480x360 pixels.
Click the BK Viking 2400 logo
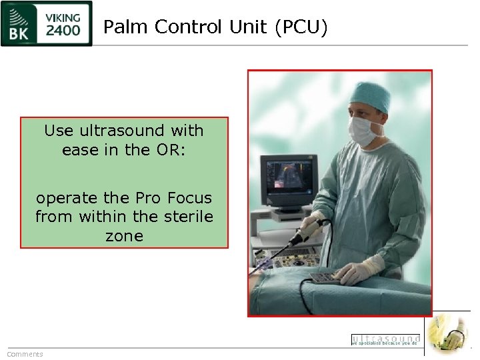pyautogui.click(x=47, y=23)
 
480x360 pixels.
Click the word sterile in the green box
pyautogui.click(x=187, y=217)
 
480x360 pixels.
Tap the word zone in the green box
pyautogui.click(x=124, y=236)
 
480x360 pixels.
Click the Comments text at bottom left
pyautogui.click(x=25, y=354)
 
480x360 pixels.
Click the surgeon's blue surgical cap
pyautogui.click(x=371, y=97)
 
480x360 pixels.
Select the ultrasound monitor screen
pyautogui.click(x=285, y=181)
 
